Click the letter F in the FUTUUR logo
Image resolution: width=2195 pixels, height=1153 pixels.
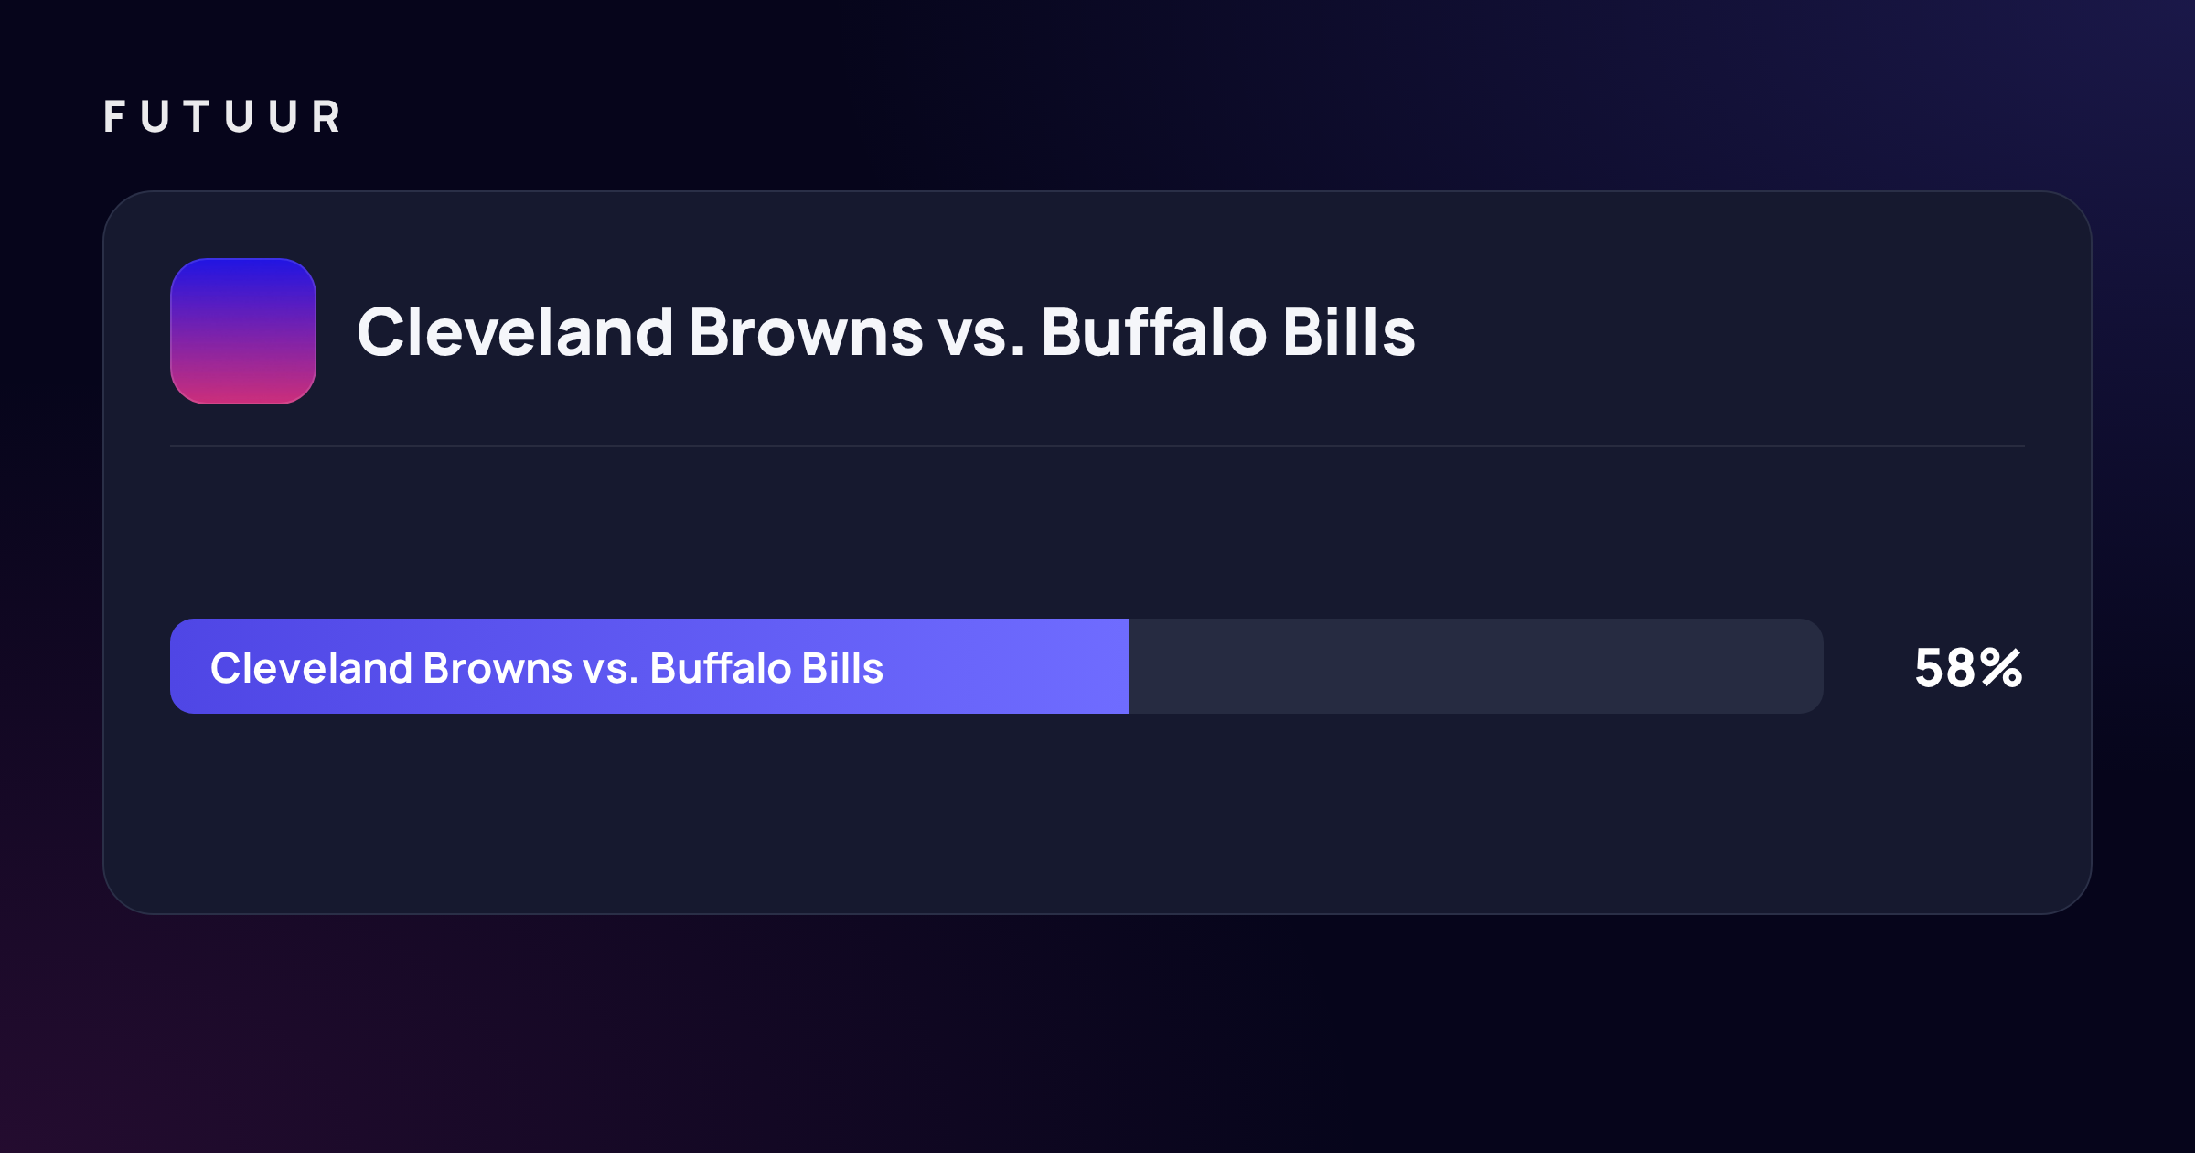114,116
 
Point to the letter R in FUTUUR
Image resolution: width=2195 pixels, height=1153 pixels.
326,116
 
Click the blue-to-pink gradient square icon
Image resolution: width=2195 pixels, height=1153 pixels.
243,331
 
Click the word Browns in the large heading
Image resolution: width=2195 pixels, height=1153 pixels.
806,331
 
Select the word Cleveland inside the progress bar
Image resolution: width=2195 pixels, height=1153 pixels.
311,668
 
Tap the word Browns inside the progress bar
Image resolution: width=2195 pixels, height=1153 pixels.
498,668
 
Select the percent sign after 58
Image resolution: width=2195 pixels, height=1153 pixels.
2002,668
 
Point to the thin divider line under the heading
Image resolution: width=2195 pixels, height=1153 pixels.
1097,446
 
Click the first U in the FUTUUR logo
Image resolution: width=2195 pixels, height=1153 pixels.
155,116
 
